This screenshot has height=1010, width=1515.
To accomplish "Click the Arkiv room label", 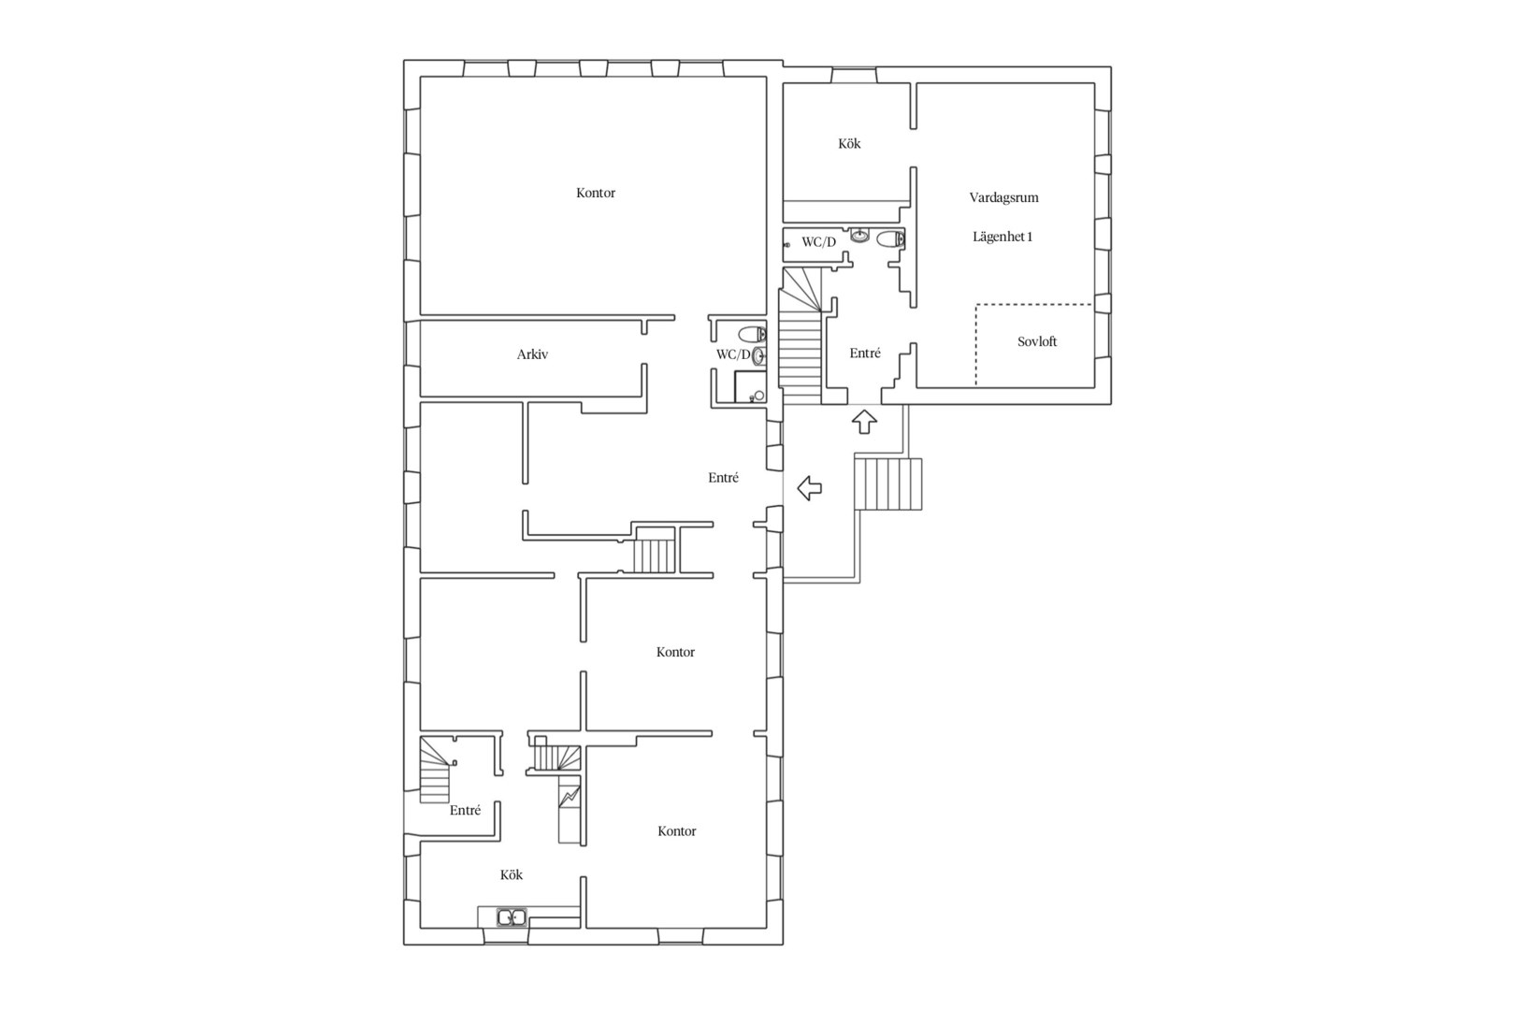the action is pyautogui.click(x=532, y=353).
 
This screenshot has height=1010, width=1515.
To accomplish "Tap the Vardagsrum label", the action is pyautogui.click(x=1003, y=197).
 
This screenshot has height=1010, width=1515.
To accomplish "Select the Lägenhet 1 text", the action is pyautogui.click(x=1003, y=237).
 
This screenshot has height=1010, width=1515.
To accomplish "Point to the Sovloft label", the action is pyautogui.click(x=1037, y=341).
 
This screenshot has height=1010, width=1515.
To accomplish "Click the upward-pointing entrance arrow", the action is pyautogui.click(x=864, y=422).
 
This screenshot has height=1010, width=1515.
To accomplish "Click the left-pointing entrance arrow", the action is pyautogui.click(x=809, y=488).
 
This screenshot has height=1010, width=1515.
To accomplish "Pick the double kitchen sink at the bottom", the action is pyautogui.click(x=512, y=917).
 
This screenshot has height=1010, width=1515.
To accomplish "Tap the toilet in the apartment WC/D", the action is pyautogui.click(x=890, y=238).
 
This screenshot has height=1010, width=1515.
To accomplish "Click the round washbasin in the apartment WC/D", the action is pyautogui.click(x=859, y=236).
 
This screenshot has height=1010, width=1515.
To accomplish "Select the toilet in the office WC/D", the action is pyautogui.click(x=752, y=334).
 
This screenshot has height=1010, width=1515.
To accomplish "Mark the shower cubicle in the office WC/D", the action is pyautogui.click(x=750, y=386).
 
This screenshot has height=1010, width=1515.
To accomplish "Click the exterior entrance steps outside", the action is pyautogui.click(x=888, y=483).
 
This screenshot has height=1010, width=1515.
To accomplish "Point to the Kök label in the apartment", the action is pyautogui.click(x=849, y=143).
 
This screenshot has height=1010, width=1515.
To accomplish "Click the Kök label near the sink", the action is pyautogui.click(x=512, y=874).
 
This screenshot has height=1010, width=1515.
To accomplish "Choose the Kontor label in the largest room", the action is pyautogui.click(x=596, y=193).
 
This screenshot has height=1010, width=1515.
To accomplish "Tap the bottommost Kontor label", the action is pyautogui.click(x=677, y=831).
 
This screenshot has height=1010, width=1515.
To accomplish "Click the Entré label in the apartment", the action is pyautogui.click(x=865, y=353).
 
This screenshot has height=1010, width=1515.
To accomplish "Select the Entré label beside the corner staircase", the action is pyautogui.click(x=466, y=811).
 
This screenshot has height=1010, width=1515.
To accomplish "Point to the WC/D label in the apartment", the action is pyautogui.click(x=819, y=242).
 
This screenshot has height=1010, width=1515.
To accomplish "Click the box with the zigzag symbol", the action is pyautogui.click(x=570, y=797).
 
